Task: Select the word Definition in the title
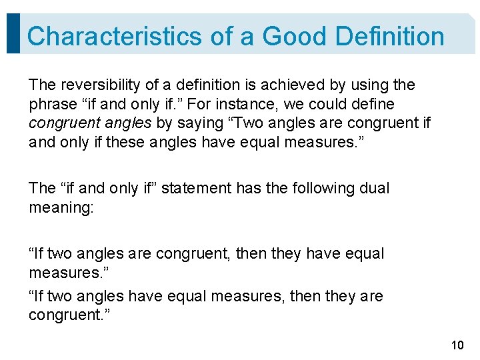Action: pos(390,36)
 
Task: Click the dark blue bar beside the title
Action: pos(12,33)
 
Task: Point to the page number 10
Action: pos(457,345)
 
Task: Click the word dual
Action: pos(373,189)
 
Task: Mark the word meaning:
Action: pos(61,208)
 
